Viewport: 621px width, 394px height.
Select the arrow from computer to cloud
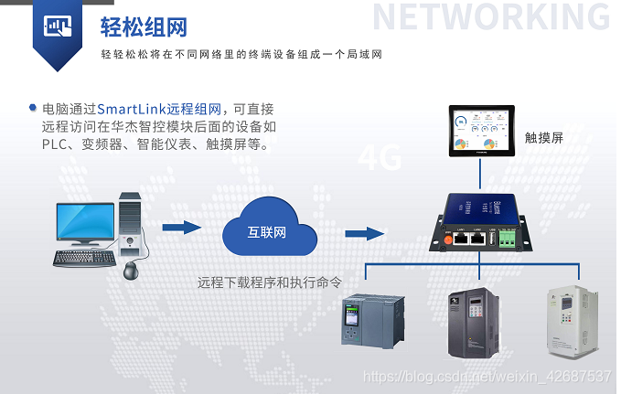pos(181,228)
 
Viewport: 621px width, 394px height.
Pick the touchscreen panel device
pos(481,133)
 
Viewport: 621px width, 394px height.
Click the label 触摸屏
pos(543,138)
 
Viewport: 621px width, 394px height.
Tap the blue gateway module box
pos(479,220)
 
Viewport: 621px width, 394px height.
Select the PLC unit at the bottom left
pos(366,320)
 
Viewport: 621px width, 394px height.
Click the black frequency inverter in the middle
pos(474,323)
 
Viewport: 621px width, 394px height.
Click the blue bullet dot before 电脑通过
pos(33,108)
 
